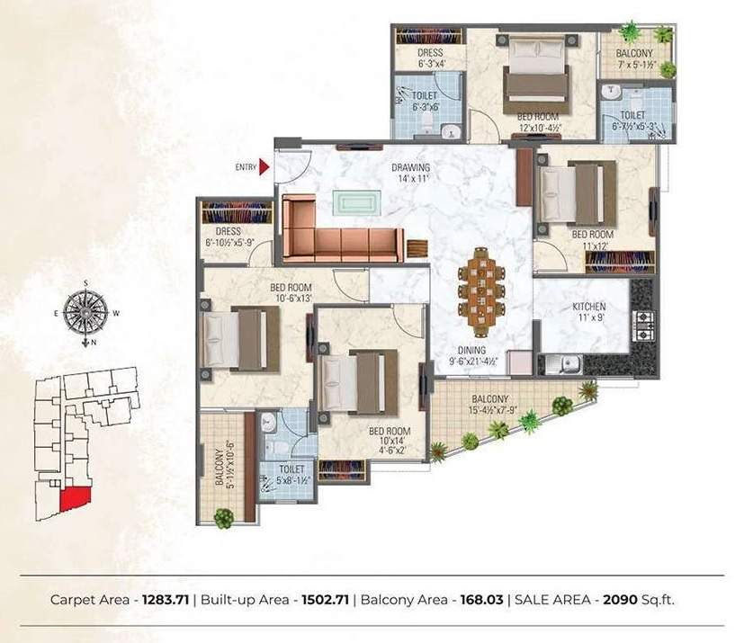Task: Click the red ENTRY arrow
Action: [264, 165]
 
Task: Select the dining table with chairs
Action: [477, 290]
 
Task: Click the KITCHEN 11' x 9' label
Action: [589, 312]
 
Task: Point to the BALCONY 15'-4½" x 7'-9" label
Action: [490, 405]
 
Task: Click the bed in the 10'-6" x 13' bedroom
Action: [236, 337]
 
